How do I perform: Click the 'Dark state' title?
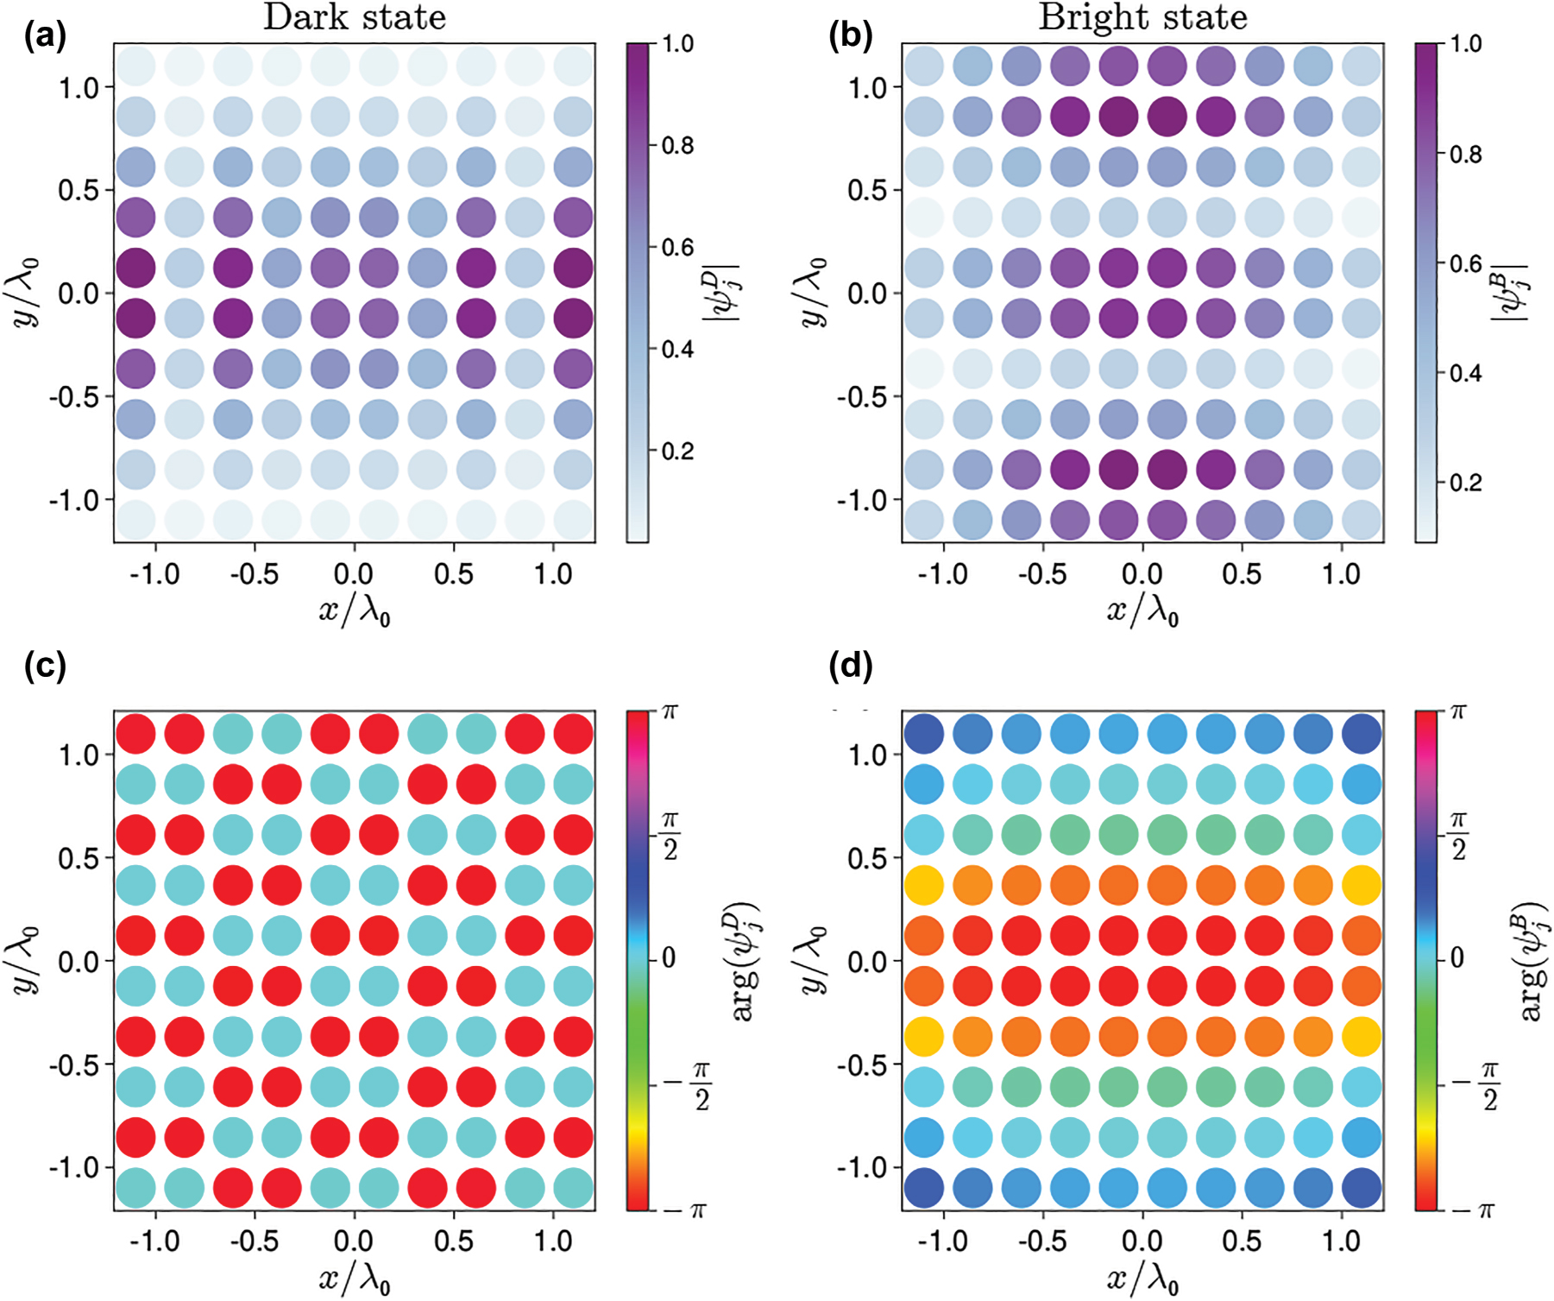pos(354,18)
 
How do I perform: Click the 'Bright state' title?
pos(1142,18)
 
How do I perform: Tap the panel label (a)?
pos(45,36)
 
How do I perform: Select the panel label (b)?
pos(850,36)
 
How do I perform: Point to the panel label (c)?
pos(45,666)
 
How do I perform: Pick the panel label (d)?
pos(850,666)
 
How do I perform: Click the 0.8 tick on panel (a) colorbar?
pos(677,146)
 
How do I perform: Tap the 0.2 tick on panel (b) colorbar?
pos(1466,483)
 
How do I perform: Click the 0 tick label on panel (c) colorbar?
pos(669,958)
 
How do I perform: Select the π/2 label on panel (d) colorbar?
pos(1458,836)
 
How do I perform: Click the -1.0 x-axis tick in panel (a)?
pos(155,574)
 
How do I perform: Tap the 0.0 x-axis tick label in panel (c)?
pos(354,1241)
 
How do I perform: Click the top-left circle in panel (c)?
pos(135,735)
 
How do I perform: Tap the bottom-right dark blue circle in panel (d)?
pos(1362,1188)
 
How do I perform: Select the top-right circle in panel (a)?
pos(573,66)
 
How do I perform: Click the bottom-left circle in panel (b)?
pos(924,520)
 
